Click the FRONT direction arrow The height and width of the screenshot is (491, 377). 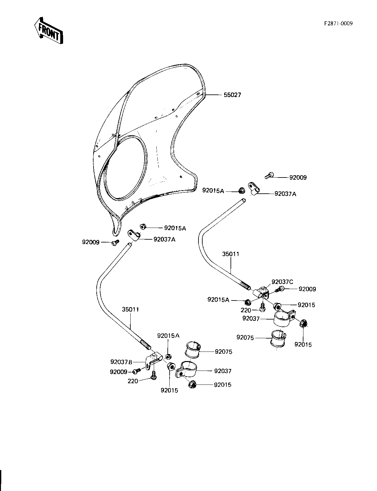(48, 30)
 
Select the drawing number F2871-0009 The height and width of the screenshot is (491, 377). (338, 23)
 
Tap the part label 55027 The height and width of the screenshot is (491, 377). (232, 95)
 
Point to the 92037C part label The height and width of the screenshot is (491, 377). (282, 282)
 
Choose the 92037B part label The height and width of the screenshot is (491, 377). (121, 362)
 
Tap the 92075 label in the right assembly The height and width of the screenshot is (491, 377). (245, 338)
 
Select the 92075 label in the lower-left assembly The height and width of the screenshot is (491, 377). (224, 352)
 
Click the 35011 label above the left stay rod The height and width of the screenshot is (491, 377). (130, 309)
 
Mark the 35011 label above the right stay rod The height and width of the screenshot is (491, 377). (231, 254)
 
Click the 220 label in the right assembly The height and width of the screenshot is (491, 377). (246, 310)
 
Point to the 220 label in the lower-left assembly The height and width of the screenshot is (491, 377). (133, 381)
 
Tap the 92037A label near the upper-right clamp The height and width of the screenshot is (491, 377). (285, 194)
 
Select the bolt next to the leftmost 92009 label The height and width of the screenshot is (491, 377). (115, 243)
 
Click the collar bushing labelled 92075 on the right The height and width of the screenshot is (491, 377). (278, 338)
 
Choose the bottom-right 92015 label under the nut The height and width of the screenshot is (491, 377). (303, 345)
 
